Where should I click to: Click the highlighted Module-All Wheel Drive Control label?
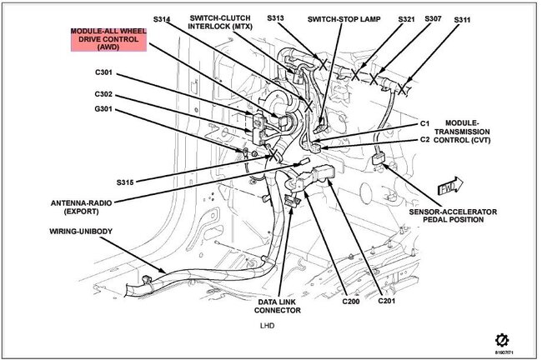click(x=108, y=39)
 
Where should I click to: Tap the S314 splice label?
click(x=162, y=19)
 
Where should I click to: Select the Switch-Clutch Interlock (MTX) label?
click(x=220, y=22)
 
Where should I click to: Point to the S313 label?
click(x=275, y=18)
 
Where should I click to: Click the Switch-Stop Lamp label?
click(x=344, y=19)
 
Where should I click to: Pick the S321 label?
click(x=406, y=19)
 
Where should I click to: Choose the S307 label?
click(x=433, y=18)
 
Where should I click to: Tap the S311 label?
click(x=462, y=20)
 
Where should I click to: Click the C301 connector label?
click(x=103, y=72)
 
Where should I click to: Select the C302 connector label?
click(x=103, y=94)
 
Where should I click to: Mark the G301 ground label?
click(x=103, y=109)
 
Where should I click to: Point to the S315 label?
click(x=125, y=182)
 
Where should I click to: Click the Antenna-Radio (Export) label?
click(x=81, y=207)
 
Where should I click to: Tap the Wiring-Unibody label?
click(x=81, y=232)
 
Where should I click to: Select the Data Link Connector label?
click(x=277, y=306)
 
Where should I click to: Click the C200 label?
click(x=351, y=302)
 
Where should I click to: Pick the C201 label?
click(x=386, y=301)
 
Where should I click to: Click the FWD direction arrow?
click(x=450, y=186)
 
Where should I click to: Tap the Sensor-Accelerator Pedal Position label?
click(x=453, y=216)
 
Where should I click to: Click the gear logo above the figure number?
click(x=502, y=341)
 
